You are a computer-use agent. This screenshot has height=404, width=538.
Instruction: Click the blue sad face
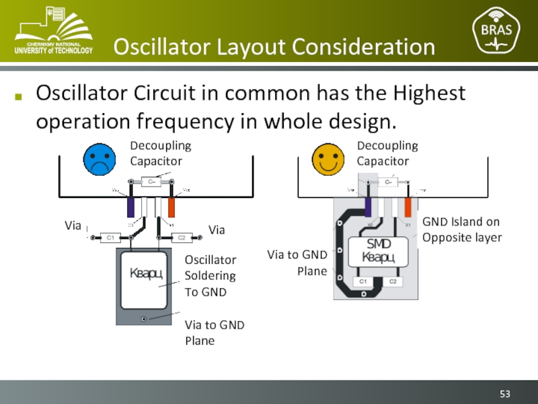tap(98, 159)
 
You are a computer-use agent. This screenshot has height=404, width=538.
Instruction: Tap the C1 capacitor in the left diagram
tap(110, 237)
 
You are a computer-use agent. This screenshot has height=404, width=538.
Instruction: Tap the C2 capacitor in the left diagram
tap(181, 237)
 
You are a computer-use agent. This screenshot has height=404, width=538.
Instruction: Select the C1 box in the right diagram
tap(362, 281)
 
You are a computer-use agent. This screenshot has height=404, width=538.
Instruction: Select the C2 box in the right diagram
tap(393, 281)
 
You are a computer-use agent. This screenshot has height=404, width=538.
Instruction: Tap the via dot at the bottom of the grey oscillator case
tap(144, 318)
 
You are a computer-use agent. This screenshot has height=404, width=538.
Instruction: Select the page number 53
tap(506, 393)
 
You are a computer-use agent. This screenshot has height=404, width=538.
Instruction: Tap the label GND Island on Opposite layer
tap(461, 230)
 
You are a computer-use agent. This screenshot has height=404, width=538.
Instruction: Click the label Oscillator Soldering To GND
tap(210, 276)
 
